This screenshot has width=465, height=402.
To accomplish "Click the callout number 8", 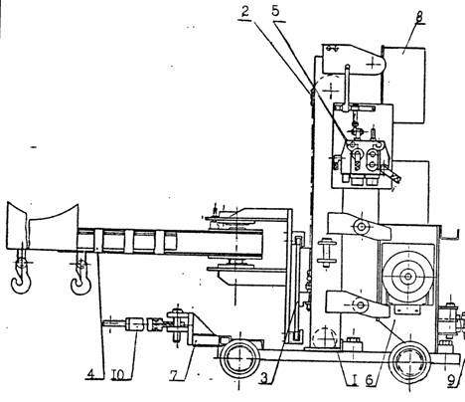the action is pos(419,17).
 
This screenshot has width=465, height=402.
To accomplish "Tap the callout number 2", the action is pos(244,12).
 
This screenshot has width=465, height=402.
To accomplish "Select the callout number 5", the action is pos(275,11).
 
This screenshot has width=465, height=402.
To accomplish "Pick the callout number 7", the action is pos(175,375).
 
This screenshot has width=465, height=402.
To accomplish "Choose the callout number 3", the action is pos(264,378).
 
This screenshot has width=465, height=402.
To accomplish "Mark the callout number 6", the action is pos(370,380).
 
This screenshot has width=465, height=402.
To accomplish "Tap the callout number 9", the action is pos(451,380).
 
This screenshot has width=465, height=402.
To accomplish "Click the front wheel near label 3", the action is pos(239,358).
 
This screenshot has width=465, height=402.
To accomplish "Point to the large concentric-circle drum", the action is pos(407,276).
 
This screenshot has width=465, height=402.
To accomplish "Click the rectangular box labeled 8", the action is pos(403,85).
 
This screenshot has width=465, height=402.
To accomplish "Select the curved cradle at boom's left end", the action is pos(43,227).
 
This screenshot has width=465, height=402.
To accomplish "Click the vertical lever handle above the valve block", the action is pos(347,88).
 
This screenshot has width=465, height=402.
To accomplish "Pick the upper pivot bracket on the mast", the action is pos(359,227).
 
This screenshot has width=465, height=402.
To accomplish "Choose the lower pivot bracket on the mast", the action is pos(358,304).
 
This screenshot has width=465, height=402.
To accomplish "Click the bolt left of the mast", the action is pos(327,254).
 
